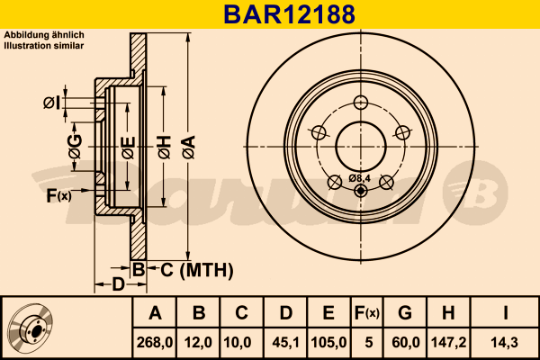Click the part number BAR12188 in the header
tap(270, 13)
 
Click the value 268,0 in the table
tap(155, 342)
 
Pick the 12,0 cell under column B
tap(199, 342)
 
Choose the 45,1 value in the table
tap(285, 342)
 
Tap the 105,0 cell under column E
tap(328, 342)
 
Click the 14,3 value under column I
tap(505, 342)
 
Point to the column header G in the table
tap(405, 314)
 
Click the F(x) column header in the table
tap(367, 314)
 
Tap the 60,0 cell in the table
tap(405, 342)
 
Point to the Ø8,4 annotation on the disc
tap(360, 178)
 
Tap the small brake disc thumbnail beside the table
tap(31, 328)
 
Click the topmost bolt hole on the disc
tap(361, 101)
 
